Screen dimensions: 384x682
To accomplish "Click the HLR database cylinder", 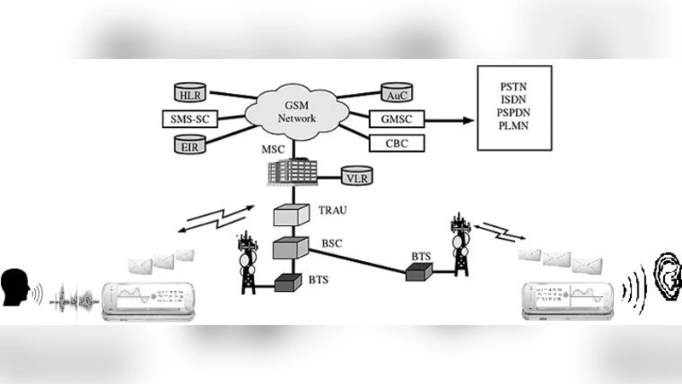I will tap(188, 91).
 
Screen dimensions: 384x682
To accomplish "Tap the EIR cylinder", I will tap(188, 145).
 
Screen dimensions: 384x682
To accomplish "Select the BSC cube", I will tap(289, 248).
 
